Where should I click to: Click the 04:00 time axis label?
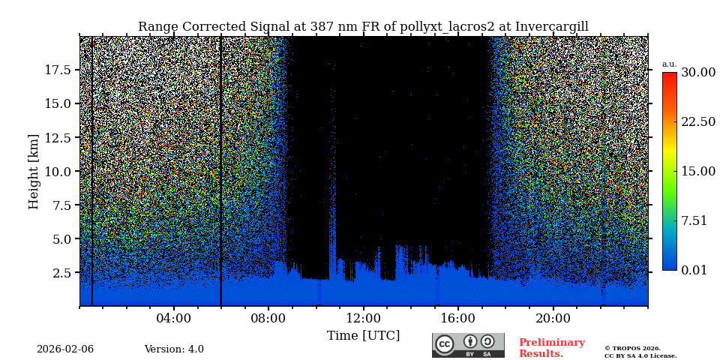174,318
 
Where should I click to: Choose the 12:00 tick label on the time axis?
363,318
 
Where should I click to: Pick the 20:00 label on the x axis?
553,318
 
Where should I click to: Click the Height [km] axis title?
34,171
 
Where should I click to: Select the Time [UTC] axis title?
363,335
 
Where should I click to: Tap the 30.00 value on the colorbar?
697,73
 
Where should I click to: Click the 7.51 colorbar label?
694,220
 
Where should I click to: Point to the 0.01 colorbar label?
694,270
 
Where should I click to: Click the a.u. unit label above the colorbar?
669,64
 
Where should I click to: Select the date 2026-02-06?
65,349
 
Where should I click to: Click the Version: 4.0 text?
174,349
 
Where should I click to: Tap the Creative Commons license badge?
468,345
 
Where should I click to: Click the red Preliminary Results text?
551,348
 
